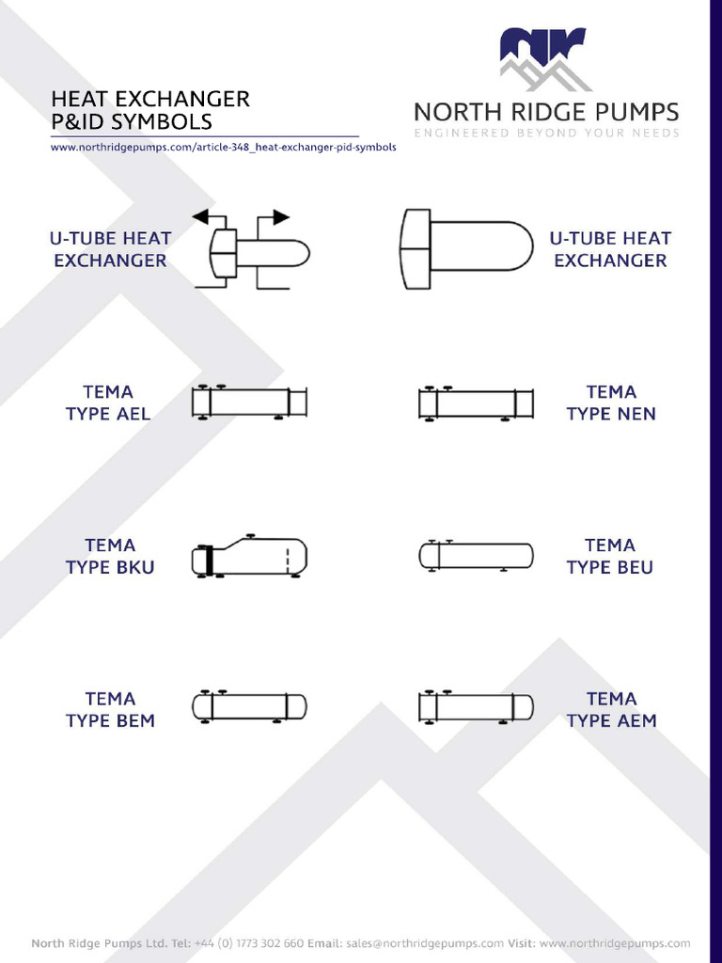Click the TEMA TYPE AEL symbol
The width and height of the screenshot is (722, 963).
(x=250, y=403)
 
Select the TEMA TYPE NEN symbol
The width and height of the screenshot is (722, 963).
(x=476, y=403)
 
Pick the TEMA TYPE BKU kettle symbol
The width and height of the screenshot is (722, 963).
(x=250, y=557)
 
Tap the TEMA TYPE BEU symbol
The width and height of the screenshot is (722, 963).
(x=476, y=556)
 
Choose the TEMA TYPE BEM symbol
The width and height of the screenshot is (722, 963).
(x=250, y=707)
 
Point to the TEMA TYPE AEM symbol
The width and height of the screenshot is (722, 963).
(x=476, y=707)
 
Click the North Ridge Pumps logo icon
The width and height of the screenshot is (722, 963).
(x=543, y=58)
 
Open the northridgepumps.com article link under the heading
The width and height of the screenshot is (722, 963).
(x=224, y=148)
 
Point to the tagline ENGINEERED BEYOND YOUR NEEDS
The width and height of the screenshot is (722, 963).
(x=546, y=134)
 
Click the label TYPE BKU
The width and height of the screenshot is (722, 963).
(x=110, y=567)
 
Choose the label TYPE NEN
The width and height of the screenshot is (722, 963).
(x=611, y=414)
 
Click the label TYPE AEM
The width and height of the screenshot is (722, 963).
(x=611, y=720)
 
